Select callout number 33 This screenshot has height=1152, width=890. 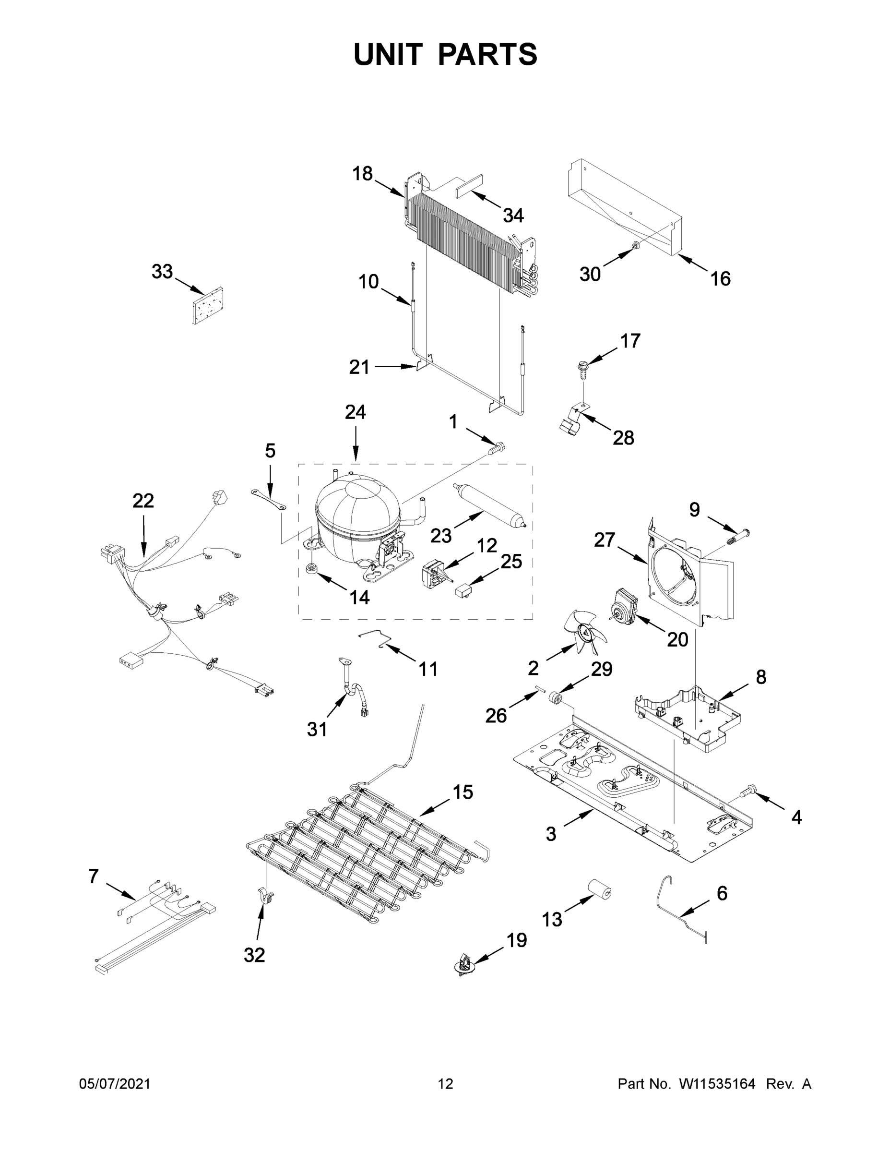[x=162, y=272]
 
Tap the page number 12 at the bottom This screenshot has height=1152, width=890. [x=446, y=1083]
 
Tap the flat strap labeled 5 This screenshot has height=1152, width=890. [x=269, y=500]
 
